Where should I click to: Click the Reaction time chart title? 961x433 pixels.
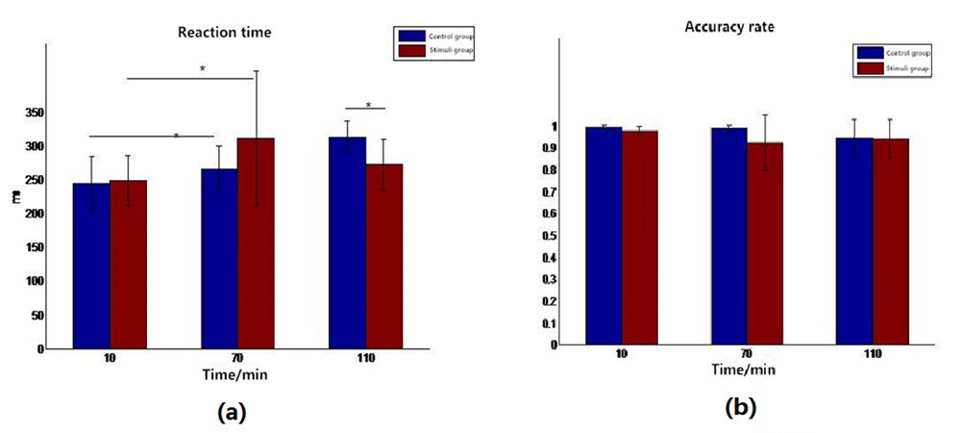[224, 33]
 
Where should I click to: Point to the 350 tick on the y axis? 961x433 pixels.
[34, 113]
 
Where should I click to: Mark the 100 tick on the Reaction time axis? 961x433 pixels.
[34, 281]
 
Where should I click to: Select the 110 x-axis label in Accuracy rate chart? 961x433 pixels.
[872, 354]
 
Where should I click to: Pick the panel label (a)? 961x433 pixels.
[232, 412]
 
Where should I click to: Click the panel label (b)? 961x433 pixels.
[741, 408]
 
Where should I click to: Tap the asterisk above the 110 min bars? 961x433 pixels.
[368, 105]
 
